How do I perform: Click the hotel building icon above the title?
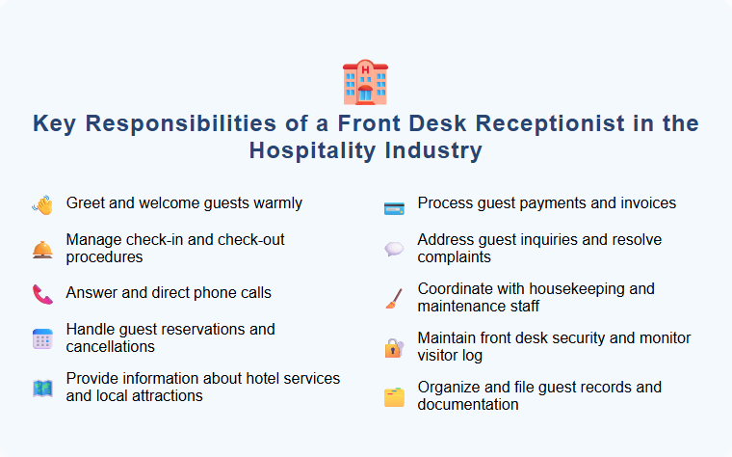(365, 82)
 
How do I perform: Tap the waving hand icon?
(42, 204)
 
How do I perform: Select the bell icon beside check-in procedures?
(42, 250)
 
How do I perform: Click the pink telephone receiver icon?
(42, 293)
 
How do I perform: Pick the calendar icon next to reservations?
(42, 338)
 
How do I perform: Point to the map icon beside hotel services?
(42, 389)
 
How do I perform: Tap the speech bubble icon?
(393, 249)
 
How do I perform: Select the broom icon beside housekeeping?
(393, 298)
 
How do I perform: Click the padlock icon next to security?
(393, 348)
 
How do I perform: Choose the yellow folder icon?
(393, 396)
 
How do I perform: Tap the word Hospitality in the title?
(312, 151)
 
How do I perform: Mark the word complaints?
(455, 257)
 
